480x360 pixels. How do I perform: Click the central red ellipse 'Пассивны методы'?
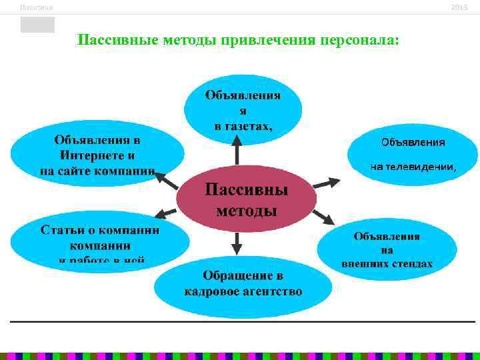(246, 200)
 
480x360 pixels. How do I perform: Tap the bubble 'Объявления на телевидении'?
(413, 155)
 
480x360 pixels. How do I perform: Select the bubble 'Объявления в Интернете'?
(98, 155)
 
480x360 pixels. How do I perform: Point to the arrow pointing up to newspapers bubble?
(235, 149)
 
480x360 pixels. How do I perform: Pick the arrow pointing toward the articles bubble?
(165, 213)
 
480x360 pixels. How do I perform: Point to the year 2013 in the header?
(459, 7)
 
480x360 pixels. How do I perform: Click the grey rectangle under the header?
(37, 25)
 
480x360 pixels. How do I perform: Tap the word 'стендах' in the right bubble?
(410, 263)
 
